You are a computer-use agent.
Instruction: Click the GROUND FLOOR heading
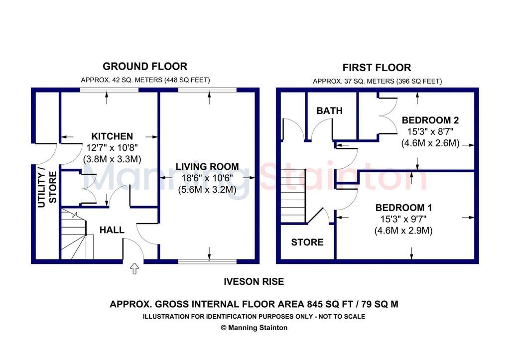tap(145, 66)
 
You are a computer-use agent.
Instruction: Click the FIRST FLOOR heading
tap(377, 68)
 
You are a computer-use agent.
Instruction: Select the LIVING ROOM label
tap(207, 166)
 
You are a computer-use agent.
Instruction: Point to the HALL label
tap(112, 230)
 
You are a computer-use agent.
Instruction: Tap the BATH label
tap(330, 111)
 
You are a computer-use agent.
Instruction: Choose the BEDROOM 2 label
tap(430, 120)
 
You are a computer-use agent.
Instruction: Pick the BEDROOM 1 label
tap(403, 208)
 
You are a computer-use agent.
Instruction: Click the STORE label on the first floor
tap(307, 242)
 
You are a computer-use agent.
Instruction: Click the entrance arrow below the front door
tap(134, 268)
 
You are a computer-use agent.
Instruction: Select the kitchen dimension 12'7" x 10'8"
tap(112, 148)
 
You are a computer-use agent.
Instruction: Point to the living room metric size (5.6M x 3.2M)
tap(207, 190)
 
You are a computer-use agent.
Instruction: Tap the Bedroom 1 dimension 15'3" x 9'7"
tap(403, 219)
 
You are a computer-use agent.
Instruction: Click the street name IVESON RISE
tap(254, 282)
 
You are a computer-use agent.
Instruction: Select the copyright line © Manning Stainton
tap(254, 328)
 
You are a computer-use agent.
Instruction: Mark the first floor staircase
tap(293, 197)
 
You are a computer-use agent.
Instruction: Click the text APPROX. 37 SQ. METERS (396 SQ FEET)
tap(378, 81)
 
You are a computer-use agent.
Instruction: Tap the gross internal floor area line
tap(254, 304)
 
